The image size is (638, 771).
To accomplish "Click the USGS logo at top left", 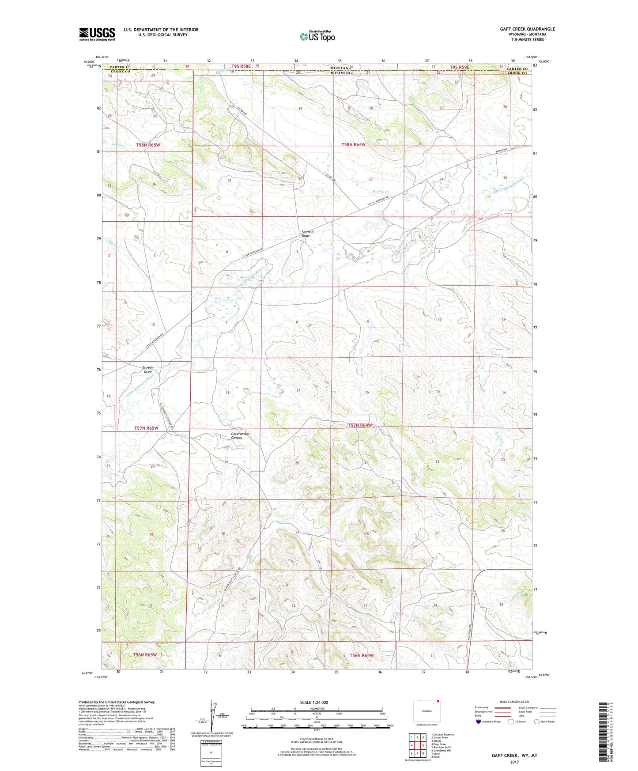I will pos(97,34).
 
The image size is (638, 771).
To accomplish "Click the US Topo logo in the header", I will pos(317,37).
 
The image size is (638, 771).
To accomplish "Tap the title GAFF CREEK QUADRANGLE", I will pos(527,29).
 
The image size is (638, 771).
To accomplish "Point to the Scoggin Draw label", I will pos(148,370).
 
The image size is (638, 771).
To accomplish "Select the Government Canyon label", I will pos(240,436).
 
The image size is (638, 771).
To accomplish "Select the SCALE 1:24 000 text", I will pos(317,703).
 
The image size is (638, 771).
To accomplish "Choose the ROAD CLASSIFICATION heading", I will pos(514,702).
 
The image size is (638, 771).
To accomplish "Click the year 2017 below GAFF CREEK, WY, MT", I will pos(514,762).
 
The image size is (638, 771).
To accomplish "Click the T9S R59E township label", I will pos(459,67).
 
